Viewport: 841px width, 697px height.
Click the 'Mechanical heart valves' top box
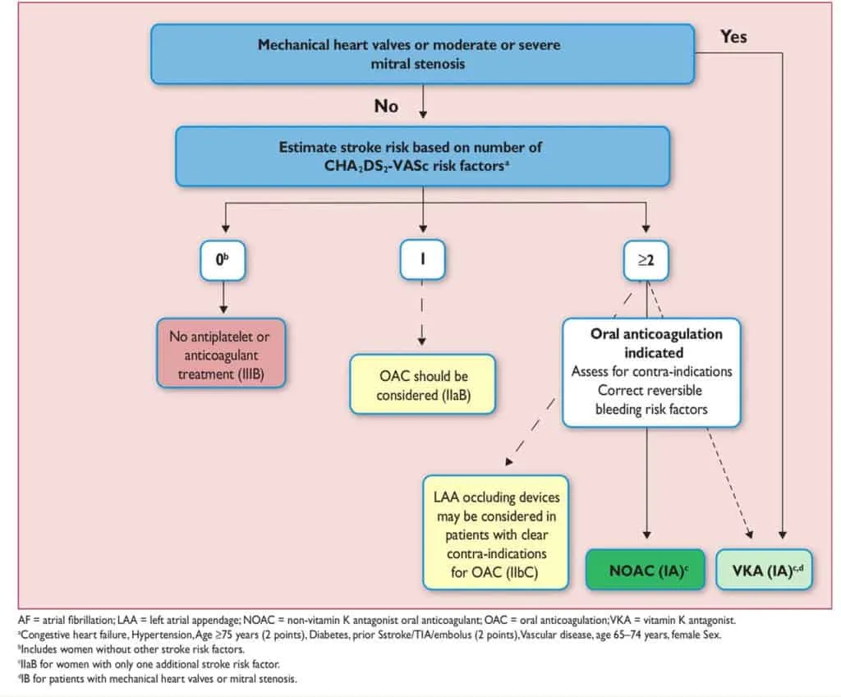coord(423,54)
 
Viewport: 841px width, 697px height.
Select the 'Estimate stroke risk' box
coord(423,157)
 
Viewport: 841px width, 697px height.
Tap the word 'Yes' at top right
coord(733,36)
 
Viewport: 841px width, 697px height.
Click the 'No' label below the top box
coord(386,106)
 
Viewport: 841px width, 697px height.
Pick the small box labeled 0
coord(223,260)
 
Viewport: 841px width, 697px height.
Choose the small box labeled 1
coord(423,259)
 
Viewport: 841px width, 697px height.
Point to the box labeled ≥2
coord(646,260)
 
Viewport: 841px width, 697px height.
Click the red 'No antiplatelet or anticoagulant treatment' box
coord(221,353)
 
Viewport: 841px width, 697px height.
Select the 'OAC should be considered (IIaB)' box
coord(423,384)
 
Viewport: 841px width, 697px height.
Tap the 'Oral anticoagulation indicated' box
coord(651,373)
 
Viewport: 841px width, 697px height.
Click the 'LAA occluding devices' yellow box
coord(495,533)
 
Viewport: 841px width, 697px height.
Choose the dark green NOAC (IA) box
coord(646,570)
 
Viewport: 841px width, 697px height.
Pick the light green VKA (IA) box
coord(765,570)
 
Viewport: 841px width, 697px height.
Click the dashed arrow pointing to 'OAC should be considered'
coord(422,313)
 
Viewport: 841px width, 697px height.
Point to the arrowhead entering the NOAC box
coord(647,534)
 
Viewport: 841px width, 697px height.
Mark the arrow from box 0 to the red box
coord(223,297)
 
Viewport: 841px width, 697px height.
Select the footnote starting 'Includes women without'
coord(131,649)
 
